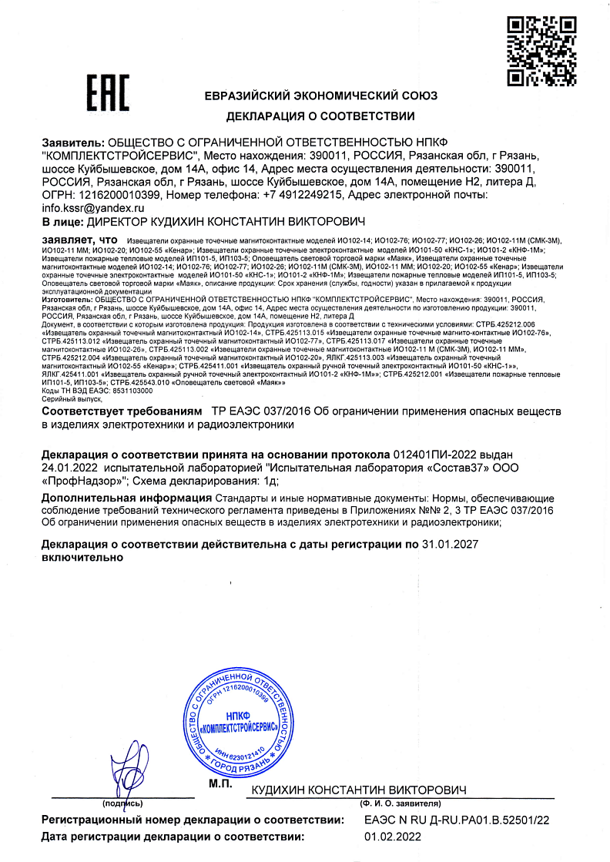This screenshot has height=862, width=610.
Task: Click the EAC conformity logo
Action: (107, 96)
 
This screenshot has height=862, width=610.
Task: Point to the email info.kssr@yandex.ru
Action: (92, 208)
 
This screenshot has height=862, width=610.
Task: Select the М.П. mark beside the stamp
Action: (222, 783)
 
